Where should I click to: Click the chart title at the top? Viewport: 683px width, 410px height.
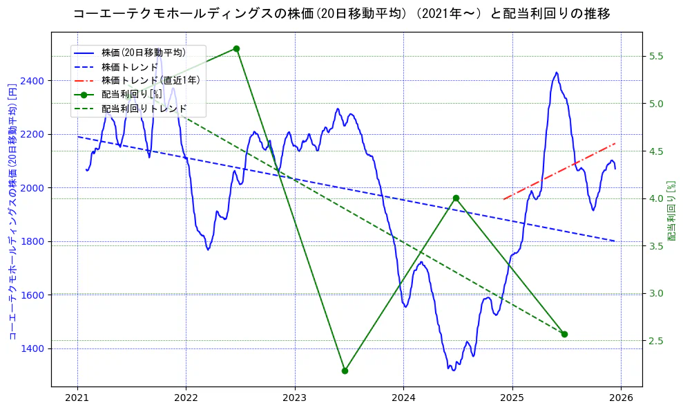[341, 14]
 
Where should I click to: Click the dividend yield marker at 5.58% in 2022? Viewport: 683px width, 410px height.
[236, 48]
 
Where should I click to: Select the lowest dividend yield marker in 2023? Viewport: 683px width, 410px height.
[345, 371]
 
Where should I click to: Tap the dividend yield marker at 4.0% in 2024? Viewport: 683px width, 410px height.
[456, 198]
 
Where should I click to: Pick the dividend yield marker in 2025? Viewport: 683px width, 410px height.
[564, 334]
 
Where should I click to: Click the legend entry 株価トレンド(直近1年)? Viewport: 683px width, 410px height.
[151, 80]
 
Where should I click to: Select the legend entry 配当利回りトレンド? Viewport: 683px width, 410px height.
[144, 109]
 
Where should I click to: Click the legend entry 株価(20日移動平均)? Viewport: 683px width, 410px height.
[143, 52]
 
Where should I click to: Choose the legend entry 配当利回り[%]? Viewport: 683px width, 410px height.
[131, 94]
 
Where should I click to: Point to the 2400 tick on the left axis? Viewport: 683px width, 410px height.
[32, 81]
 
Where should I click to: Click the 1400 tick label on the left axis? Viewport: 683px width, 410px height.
[32, 348]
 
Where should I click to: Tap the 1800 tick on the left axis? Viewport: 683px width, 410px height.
[32, 241]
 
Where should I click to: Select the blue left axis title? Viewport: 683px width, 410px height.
[12, 212]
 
